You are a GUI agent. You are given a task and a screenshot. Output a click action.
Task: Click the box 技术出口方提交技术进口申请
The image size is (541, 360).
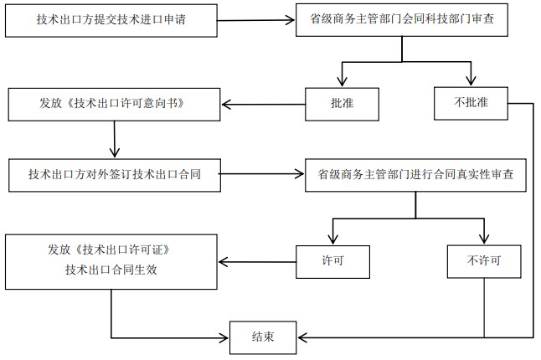coord(117,20)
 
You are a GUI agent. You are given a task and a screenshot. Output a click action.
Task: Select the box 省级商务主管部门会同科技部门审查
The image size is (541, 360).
coord(401,20)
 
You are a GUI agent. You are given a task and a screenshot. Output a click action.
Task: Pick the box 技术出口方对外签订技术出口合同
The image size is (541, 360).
coord(113,175)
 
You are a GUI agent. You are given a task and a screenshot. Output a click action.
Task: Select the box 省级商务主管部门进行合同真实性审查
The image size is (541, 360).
coord(415,175)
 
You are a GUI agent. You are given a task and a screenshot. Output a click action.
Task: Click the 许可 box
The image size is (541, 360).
coord(333,260)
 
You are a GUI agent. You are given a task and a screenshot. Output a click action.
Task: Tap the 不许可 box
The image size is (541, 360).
coord(485,260)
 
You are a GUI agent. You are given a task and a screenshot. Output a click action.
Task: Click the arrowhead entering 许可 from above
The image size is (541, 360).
coord(332,239)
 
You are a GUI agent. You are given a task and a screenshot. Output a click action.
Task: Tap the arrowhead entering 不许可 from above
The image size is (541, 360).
coord(485,239)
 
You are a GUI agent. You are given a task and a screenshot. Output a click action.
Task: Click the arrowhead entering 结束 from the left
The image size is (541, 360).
coord(225,338)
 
